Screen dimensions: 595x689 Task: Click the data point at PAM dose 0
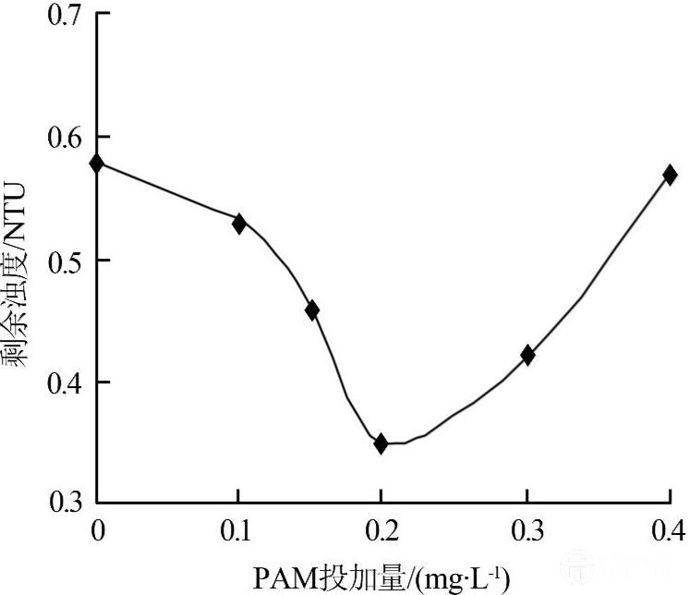click(97, 164)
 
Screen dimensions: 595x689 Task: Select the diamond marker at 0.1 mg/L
click(239, 223)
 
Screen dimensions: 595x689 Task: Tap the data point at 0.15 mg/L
click(312, 310)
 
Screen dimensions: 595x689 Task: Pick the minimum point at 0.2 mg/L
click(381, 443)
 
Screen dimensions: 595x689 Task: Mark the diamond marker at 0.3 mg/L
click(527, 355)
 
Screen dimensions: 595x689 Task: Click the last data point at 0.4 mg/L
click(670, 175)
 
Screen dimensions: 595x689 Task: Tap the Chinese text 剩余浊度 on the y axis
click(18, 309)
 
